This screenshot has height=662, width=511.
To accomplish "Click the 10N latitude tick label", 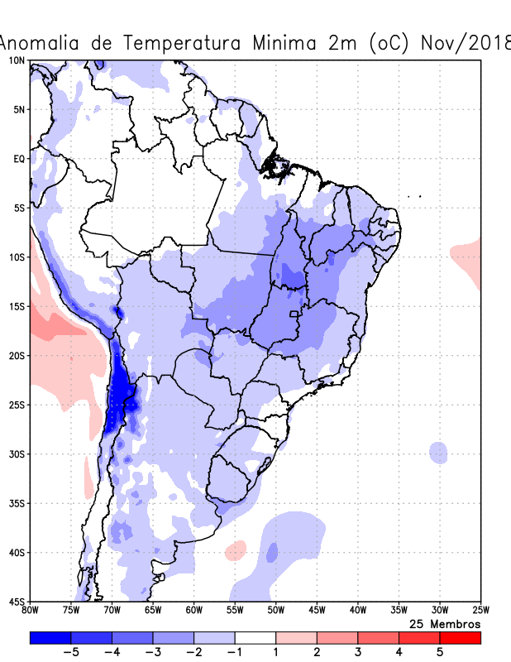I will coord(16,60).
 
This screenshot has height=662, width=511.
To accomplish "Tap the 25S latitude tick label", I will coord(16,405).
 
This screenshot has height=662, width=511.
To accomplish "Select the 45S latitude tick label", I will coord(16,601).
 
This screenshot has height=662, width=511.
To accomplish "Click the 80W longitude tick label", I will coord(30,611).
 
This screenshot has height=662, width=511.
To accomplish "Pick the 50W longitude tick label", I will coord(275,611).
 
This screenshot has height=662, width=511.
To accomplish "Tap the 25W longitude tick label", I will coord(480,611).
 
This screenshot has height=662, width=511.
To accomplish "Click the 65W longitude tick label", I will coord(153,611).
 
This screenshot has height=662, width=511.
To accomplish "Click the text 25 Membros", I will coord(445,623).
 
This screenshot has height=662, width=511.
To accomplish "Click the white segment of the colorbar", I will coord(255,638).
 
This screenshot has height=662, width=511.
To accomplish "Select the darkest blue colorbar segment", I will coord(50,638).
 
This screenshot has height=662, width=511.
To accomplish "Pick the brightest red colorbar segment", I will coord(461,638).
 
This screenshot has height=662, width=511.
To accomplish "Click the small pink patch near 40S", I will coord(236,549).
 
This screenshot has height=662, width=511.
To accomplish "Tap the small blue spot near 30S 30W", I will coord(438,453).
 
